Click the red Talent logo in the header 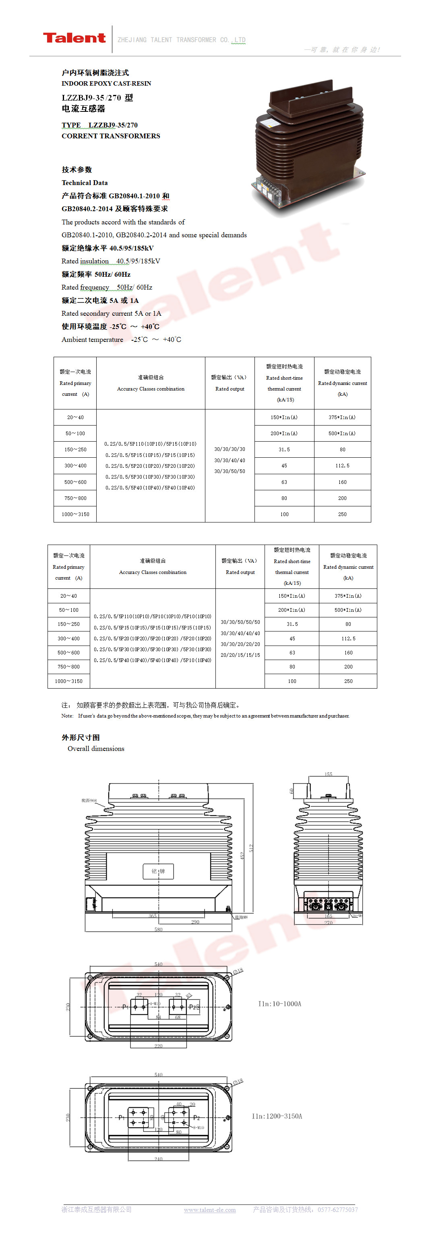74,38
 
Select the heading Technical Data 85,183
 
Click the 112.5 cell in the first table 342,465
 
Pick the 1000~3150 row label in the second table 68,681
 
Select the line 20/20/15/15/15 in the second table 240,655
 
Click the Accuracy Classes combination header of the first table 150,389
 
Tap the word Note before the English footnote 67,716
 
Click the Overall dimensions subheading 95,749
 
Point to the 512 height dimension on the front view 250,848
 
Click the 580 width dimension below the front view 158,930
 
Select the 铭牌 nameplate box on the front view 158,871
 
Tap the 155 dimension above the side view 329,774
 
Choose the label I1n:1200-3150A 277,1116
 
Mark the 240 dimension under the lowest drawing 158,1159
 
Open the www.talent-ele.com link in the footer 209,1209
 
